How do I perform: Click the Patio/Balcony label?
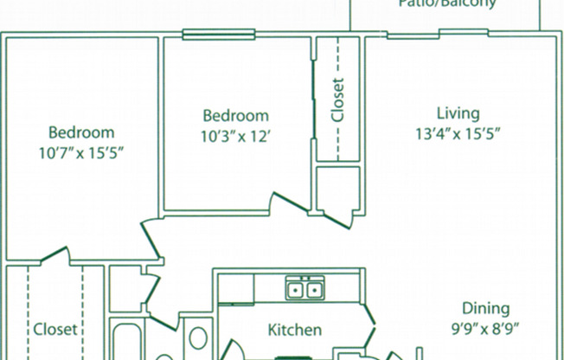tap(447, 3)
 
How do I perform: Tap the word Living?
tap(458, 113)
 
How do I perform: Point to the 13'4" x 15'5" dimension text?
tap(458, 133)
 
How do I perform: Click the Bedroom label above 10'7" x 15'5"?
tap(81, 132)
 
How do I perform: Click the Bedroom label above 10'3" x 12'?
tap(235, 115)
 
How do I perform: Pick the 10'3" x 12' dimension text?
tap(235, 135)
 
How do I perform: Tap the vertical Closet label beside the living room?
tap(337, 100)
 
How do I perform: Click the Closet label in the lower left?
tap(56, 330)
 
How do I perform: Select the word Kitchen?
tap(295, 330)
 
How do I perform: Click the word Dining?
tap(484, 309)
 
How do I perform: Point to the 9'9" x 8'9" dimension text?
tap(484, 329)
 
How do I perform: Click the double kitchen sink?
tap(304, 288)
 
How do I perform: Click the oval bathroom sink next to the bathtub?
tap(198, 340)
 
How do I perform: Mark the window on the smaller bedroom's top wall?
tap(218, 35)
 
